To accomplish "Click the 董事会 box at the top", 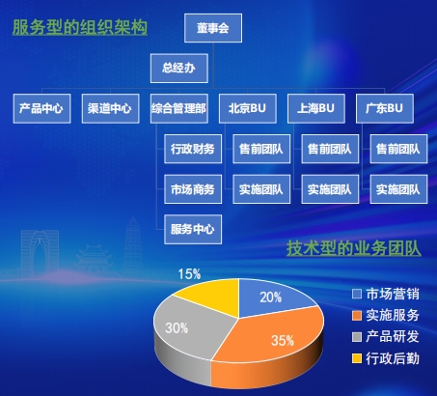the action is click(213, 28).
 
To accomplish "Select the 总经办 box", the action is click(179, 69).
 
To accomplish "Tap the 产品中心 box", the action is click(41, 108).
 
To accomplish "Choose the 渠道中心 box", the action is click(110, 108).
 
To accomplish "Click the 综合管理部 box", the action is click(179, 108).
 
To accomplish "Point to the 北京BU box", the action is click(248, 108).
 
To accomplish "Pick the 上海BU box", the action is click(316, 108).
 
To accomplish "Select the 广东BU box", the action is click(385, 108).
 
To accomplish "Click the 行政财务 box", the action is click(193, 149).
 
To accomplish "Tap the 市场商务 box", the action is click(193, 189).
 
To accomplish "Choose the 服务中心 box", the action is click(193, 229).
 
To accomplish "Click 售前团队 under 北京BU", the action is click(261, 149).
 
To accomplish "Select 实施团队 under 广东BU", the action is click(398, 189).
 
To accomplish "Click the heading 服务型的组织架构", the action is click(80, 27).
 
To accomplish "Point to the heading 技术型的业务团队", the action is click(354, 248).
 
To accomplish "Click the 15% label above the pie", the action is click(189, 274).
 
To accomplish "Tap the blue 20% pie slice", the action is click(273, 297).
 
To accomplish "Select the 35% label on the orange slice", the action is click(283, 341).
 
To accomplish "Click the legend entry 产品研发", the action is click(386, 337).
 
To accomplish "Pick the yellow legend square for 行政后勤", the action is click(357, 358).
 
